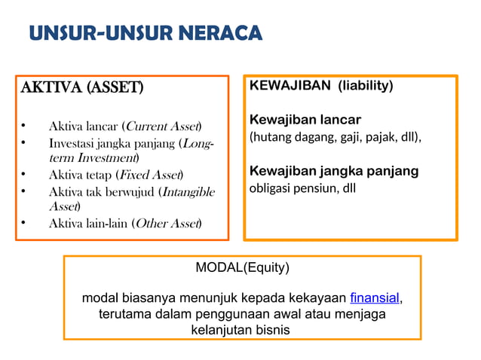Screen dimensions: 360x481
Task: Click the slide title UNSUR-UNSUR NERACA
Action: coord(146,34)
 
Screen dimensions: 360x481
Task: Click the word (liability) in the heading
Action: coord(365,86)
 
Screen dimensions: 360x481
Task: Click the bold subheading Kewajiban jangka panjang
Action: coord(334,171)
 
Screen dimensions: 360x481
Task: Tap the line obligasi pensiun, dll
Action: coord(302,188)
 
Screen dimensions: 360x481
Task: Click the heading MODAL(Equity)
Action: coord(242,267)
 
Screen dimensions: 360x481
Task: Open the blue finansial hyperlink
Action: coord(375,297)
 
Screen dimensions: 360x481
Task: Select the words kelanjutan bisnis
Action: coord(241,330)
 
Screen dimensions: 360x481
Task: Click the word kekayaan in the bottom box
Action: coord(319,297)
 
